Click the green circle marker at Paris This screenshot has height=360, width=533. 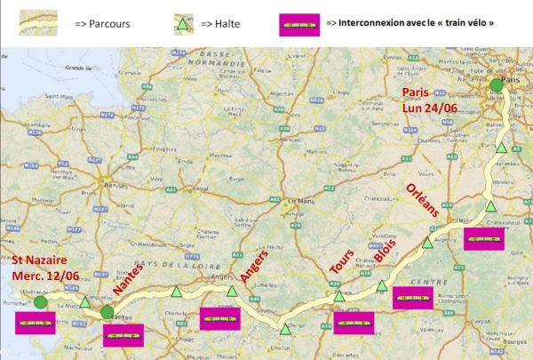point(496,85)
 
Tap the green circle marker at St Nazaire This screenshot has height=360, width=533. point(41,303)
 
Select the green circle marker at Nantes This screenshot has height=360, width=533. point(107,312)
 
